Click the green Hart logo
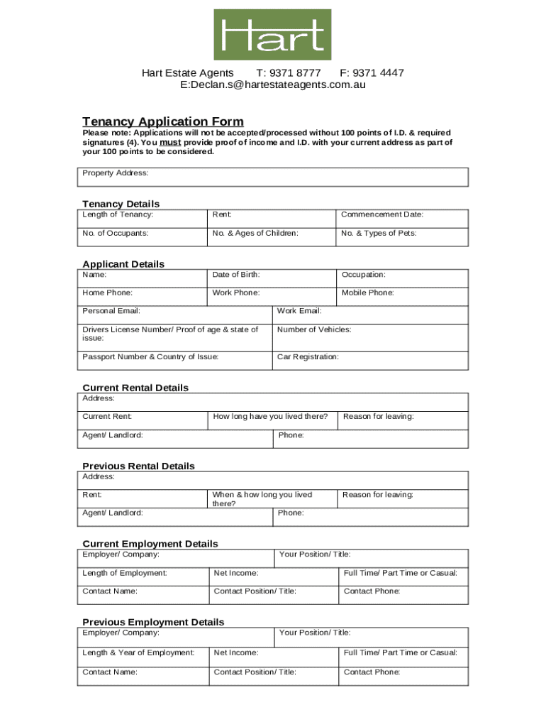272,35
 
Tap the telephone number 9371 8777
289,73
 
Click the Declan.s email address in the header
273,84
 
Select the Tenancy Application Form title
162,121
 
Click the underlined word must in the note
171,142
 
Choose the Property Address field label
116,173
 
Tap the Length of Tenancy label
118,214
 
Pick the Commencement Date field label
382,214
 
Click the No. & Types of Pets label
379,233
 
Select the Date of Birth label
236,274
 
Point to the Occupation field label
364,274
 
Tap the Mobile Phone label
367,293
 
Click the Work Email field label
299,311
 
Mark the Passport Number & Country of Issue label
150,356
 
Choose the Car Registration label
308,356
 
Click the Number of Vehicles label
314,329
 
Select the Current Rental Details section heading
135,388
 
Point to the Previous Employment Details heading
153,622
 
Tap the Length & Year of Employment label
138,652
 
